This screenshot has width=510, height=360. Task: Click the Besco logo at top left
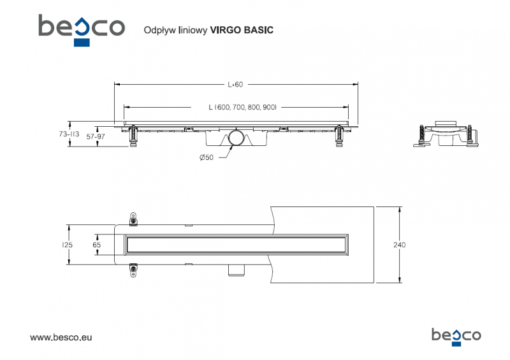pyautogui.click(x=81, y=29)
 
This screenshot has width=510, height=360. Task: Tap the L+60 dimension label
pyautogui.click(x=235, y=84)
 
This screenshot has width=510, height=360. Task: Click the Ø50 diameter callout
pyautogui.click(x=206, y=157)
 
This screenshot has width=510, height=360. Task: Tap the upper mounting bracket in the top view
pyautogui.click(x=133, y=218)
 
